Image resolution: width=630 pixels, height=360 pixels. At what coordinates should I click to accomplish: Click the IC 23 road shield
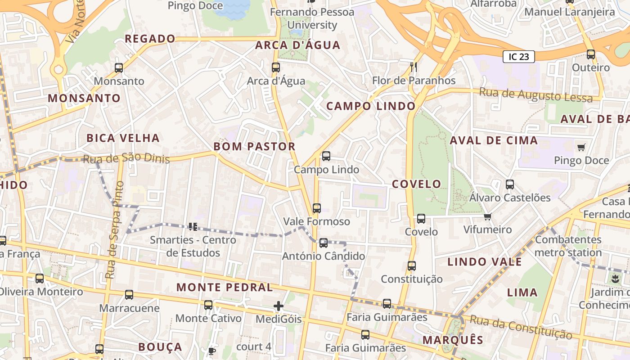518,56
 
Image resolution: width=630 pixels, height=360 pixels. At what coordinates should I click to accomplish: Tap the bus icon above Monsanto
119,68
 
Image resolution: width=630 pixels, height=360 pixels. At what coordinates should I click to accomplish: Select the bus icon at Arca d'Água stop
276,67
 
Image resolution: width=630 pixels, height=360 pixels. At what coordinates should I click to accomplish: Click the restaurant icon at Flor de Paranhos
414,67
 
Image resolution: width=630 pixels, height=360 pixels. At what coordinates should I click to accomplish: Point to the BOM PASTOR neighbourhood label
254,146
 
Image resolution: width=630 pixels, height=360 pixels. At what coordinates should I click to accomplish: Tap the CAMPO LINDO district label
371,106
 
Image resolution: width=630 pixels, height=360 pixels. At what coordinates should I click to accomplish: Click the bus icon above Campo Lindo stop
326,156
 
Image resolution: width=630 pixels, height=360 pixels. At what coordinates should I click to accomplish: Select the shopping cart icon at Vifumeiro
487,217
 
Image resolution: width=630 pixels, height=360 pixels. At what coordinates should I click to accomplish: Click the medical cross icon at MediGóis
279,306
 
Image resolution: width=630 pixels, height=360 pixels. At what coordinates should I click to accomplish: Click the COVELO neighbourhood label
416,184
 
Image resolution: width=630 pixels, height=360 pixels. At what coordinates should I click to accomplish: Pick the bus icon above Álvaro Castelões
509,184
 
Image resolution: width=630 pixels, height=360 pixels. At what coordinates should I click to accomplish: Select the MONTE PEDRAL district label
225,287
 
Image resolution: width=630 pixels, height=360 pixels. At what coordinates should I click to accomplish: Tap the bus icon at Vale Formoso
317,208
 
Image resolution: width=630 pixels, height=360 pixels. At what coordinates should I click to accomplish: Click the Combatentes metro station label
568,246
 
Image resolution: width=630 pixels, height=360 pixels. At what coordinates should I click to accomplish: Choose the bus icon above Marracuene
129,295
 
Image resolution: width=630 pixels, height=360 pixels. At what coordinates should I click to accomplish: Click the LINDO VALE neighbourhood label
485,262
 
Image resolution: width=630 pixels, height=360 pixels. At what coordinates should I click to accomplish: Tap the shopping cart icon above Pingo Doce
581,147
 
